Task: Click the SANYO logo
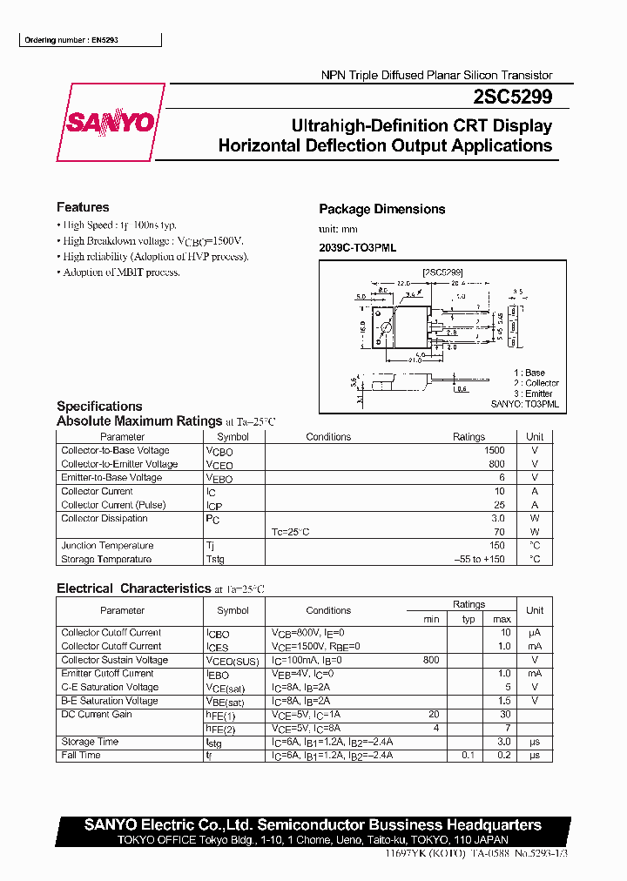click(111, 123)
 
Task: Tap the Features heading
click(83, 207)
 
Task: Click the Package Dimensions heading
click(381, 209)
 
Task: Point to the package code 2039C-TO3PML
click(357, 248)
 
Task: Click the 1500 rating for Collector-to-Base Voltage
click(494, 451)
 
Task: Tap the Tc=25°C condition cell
click(291, 532)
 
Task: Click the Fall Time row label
click(81, 755)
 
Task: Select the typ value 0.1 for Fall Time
click(469, 755)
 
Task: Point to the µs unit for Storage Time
click(535, 742)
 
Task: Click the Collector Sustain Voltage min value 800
click(430, 660)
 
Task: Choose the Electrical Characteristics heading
click(133, 588)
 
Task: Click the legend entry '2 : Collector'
click(536, 383)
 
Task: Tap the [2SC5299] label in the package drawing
click(442, 272)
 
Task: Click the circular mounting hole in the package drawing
click(384, 327)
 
